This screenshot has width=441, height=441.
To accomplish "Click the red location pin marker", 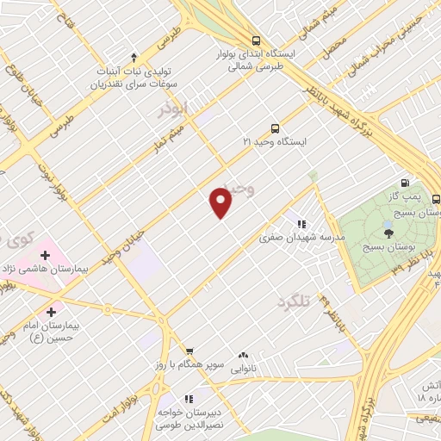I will [x=221, y=202].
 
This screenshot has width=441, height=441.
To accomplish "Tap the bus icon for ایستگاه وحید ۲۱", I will [x=275, y=127].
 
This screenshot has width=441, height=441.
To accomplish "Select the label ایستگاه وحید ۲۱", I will [x=275, y=140].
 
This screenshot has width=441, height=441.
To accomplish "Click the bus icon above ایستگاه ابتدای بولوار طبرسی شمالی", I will [x=255, y=40].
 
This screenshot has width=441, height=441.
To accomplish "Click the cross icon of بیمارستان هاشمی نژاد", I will [x=44, y=256].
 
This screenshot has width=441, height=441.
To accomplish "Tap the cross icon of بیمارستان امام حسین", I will [x=52, y=312].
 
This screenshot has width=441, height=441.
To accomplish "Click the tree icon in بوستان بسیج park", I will [x=388, y=231].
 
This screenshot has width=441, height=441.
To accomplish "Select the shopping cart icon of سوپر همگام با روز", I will [x=189, y=351].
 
